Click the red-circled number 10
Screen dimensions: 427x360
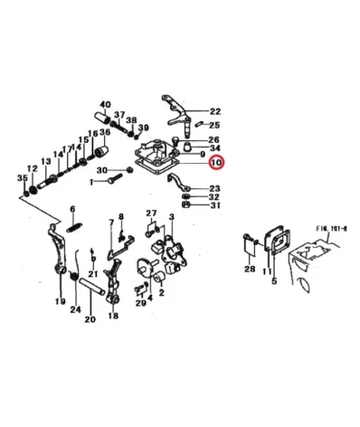[214, 163]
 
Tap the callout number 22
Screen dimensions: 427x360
[214, 110]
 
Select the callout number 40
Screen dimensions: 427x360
[105, 105]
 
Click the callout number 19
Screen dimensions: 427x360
[60, 301]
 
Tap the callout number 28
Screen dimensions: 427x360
[249, 269]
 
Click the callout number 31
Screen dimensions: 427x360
[214, 205]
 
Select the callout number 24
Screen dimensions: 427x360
[76, 309]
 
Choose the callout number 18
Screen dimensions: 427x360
[113, 316]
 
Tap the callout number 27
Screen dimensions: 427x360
[151, 213]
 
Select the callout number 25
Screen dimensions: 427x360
[214, 125]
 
